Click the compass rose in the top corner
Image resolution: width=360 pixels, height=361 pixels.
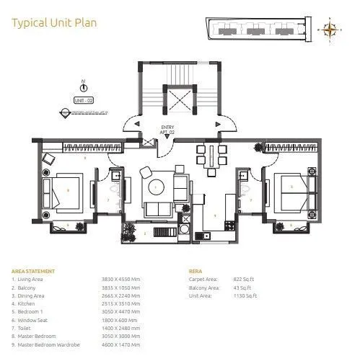331,30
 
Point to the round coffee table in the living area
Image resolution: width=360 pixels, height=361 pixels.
157,187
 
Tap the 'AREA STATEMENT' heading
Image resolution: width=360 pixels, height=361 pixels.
28,272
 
